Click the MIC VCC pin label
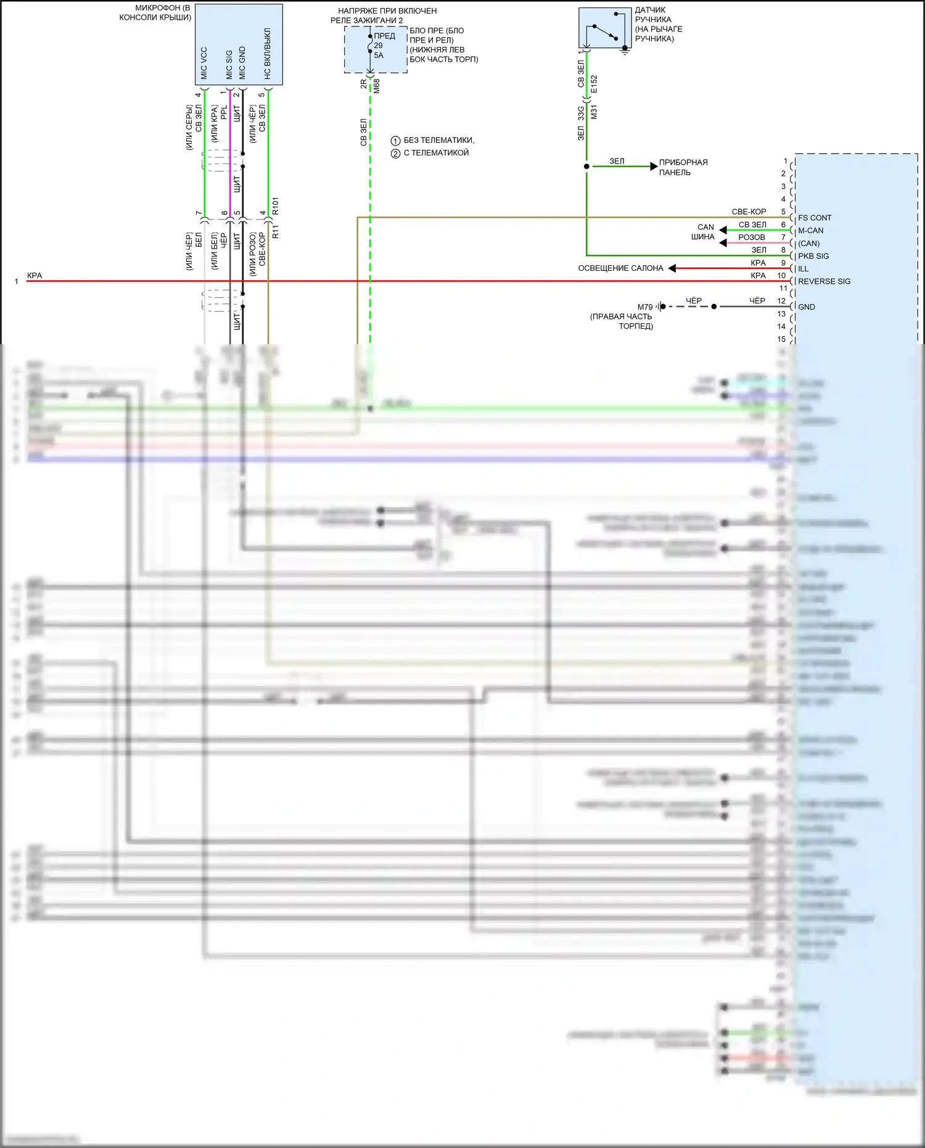pyautogui.click(x=204, y=64)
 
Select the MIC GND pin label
pyautogui.click(x=242, y=64)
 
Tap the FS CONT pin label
pyautogui.click(x=815, y=218)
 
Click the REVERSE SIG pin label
pyautogui.click(x=824, y=281)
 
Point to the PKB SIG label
pyautogui.click(x=813, y=256)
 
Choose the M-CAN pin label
pyautogui.click(x=810, y=231)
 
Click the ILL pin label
pyautogui.click(x=803, y=269)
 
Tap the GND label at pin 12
pyautogui.click(x=806, y=307)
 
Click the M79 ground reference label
pyautogui.click(x=645, y=307)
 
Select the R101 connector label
pyautogui.click(x=276, y=206)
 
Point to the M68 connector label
pyautogui.click(x=377, y=86)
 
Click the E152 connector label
pyautogui.click(x=594, y=85)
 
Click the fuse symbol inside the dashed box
pyautogui.click(x=370, y=44)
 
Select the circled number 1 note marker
pyautogui.click(x=396, y=141)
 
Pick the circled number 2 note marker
pyautogui.click(x=396, y=153)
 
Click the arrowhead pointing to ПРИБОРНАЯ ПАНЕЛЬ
pyautogui.click(x=654, y=167)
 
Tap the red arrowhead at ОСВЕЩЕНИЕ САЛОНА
pyautogui.click(x=672, y=268)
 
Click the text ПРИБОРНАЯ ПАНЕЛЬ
pyautogui.click(x=683, y=167)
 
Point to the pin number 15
pyautogui.click(x=781, y=339)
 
